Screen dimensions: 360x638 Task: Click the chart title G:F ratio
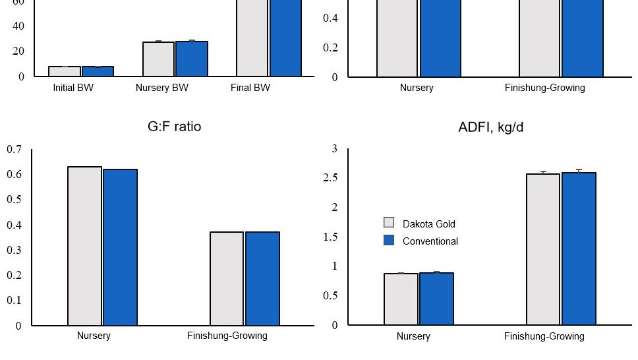point(174,127)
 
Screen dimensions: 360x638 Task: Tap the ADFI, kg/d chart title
point(490,127)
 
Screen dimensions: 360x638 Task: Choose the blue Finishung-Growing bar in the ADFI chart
point(579,249)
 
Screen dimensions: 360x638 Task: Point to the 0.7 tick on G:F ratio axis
point(14,150)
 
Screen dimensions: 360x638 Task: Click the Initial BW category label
point(73,88)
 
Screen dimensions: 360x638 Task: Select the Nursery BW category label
point(162,88)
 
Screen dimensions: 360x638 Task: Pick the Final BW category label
point(250,88)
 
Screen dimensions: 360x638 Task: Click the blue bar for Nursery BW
point(192,59)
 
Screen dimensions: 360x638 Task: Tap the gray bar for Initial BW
point(64,71)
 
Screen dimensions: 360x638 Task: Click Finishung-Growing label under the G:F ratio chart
point(227,336)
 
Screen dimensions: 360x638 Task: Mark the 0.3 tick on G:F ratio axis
point(14,250)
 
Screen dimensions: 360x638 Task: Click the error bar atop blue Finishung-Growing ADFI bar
point(579,171)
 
